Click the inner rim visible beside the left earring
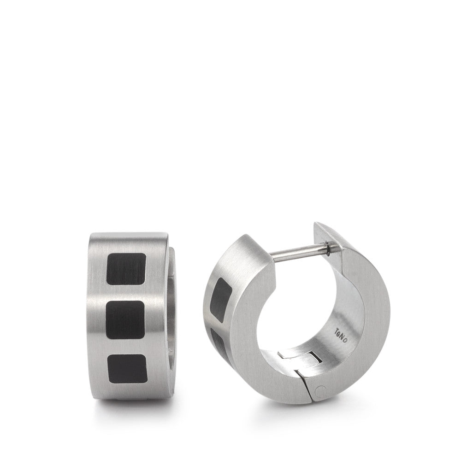click(171, 323)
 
